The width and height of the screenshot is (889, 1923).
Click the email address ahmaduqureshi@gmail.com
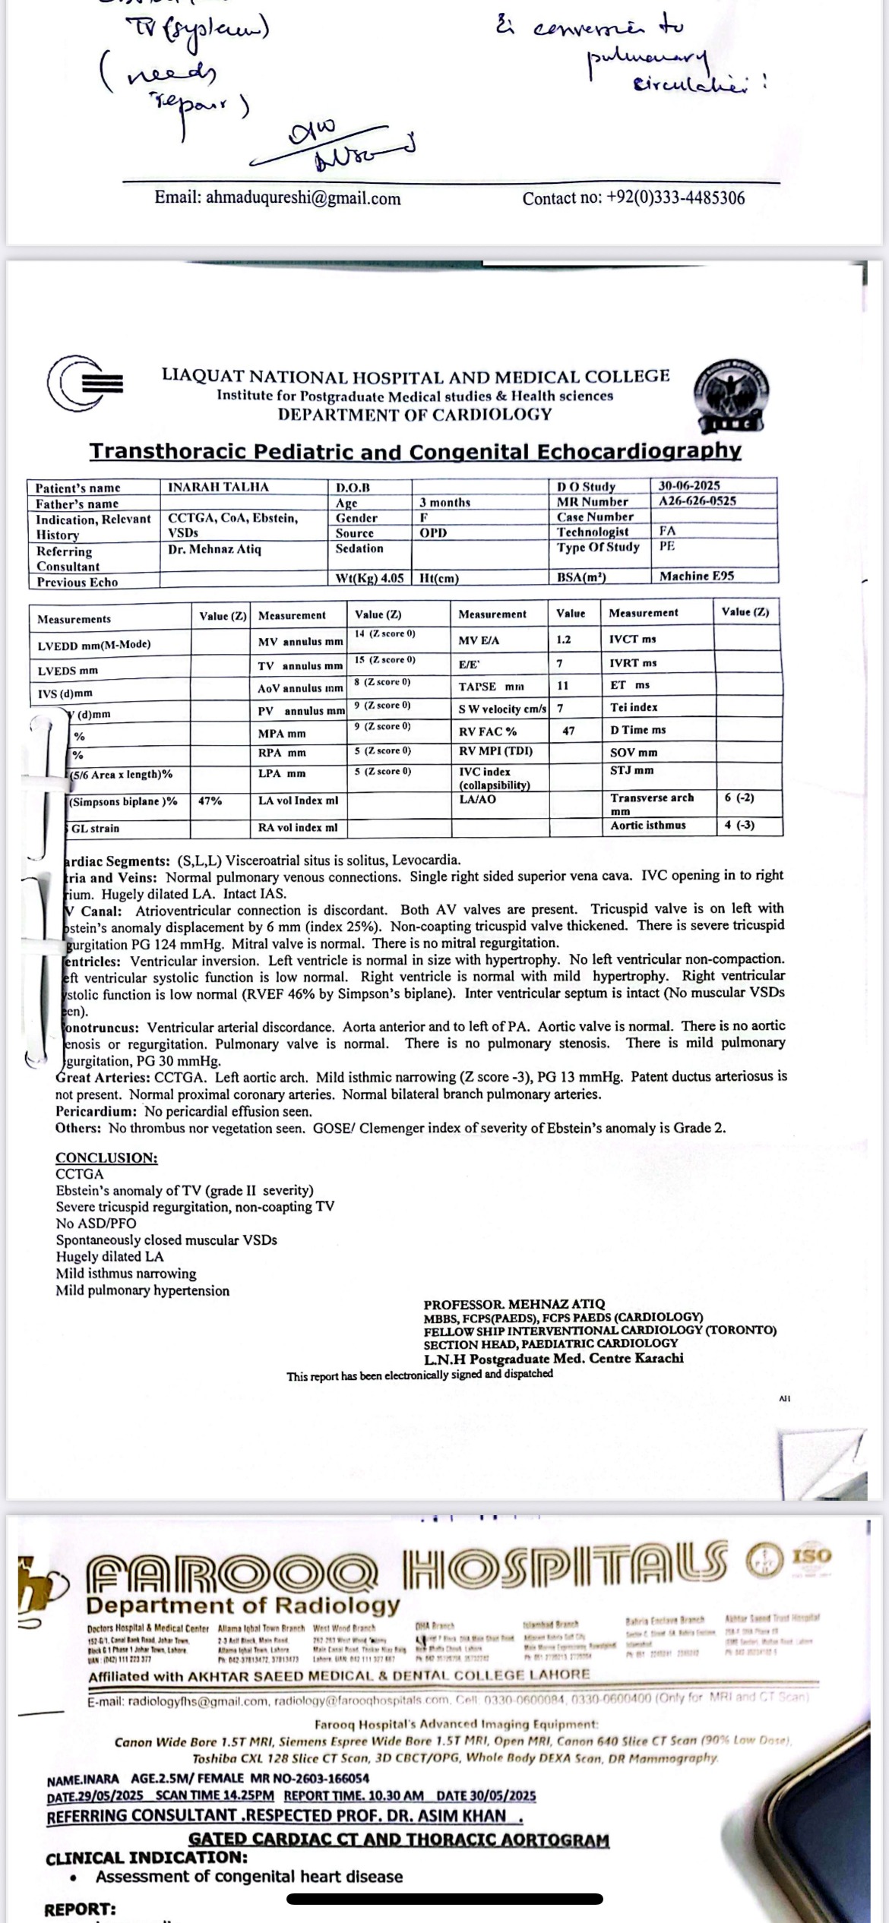coord(277,199)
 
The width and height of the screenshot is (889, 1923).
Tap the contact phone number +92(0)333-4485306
coord(633,199)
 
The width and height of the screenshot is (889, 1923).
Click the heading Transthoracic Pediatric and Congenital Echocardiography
coord(415,451)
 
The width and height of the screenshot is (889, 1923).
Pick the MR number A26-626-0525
coord(697,501)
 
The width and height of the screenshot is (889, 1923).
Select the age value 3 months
coord(444,503)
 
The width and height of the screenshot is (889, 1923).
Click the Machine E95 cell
coord(696,576)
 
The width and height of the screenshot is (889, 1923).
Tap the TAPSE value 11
coord(563,686)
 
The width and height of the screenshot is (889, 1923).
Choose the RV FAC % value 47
coord(568,731)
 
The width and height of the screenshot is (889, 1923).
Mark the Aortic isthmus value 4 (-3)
coord(739,826)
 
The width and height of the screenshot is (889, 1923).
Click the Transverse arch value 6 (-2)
coord(739,798)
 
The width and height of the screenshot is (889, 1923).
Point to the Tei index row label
coord(634,707)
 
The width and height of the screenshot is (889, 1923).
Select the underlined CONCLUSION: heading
coord(106,1158)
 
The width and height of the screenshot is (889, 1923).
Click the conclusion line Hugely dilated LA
coord(109,1257)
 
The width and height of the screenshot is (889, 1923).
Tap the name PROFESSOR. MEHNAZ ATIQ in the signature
coord(514,1304)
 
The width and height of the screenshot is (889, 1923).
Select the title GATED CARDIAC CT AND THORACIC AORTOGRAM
coord(398,1840)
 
